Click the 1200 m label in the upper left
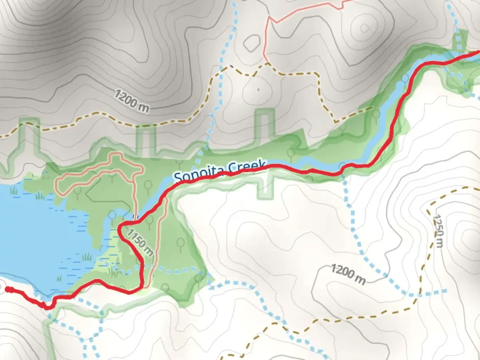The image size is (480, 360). point(131,100)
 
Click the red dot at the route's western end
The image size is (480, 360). point(8,290)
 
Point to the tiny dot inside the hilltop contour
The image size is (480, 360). point(258,89)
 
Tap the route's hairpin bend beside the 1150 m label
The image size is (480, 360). point(121,228)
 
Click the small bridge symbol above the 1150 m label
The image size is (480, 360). point(135,217)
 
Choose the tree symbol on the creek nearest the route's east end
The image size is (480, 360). point(405,78)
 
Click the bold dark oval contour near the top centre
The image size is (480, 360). point(252,42)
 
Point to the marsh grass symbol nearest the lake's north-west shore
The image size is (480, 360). point(14,191)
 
